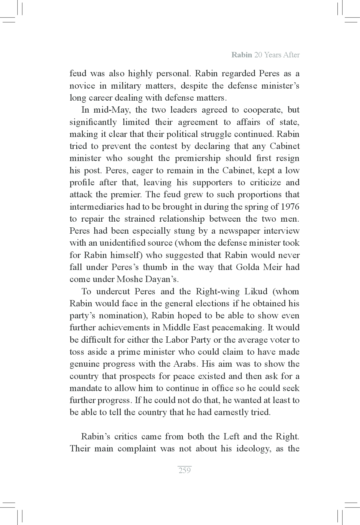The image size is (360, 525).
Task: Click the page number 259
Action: [184, 470]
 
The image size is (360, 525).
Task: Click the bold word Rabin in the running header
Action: [242, 55]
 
